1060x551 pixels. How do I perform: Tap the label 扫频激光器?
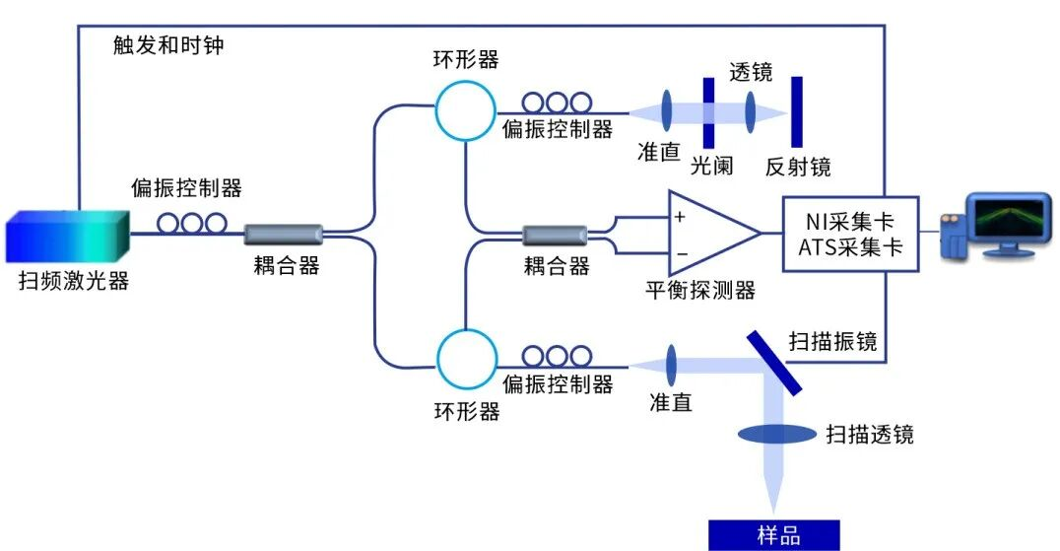73,281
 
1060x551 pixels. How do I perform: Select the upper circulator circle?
464,110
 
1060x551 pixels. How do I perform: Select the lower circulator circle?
464,357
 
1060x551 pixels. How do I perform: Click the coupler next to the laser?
284,235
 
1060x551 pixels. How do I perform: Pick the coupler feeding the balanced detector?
555,235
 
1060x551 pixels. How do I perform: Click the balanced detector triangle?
707,234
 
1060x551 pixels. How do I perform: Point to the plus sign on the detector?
680,216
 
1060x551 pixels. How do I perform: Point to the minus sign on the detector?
680,253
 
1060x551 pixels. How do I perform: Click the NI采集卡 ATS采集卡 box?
849,234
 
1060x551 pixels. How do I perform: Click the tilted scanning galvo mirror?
774,362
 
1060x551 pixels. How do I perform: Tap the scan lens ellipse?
774,434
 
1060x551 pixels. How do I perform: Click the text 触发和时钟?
167,46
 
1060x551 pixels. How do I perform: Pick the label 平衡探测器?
699,290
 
